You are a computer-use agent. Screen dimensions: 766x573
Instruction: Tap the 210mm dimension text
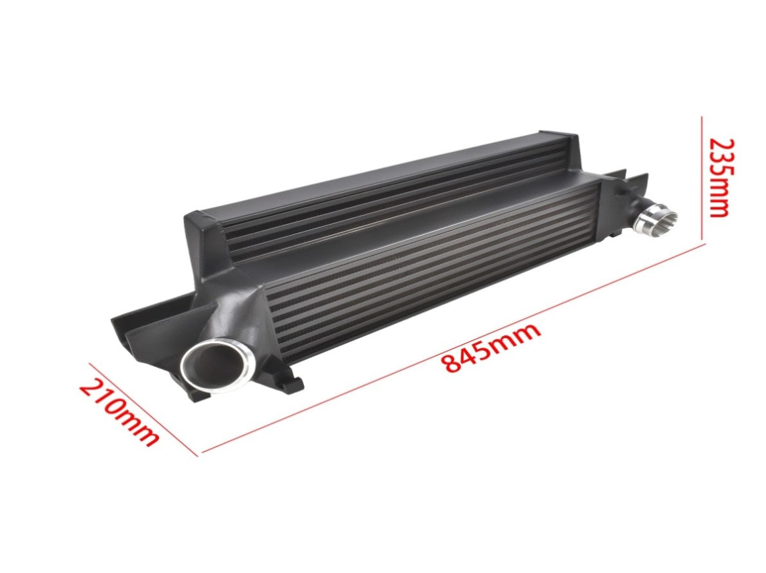(118, 413)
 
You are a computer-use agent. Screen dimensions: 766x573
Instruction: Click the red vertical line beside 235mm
(702, 178)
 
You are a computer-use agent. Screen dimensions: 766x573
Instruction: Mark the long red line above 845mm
(451, 350)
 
